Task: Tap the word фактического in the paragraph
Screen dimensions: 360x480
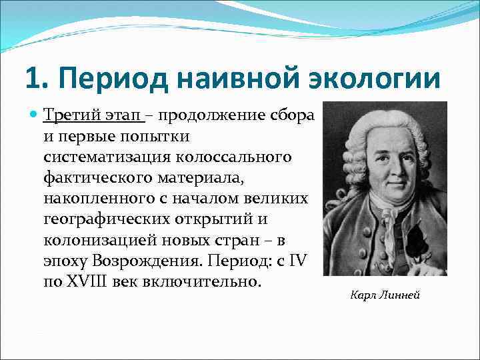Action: (93, 178)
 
